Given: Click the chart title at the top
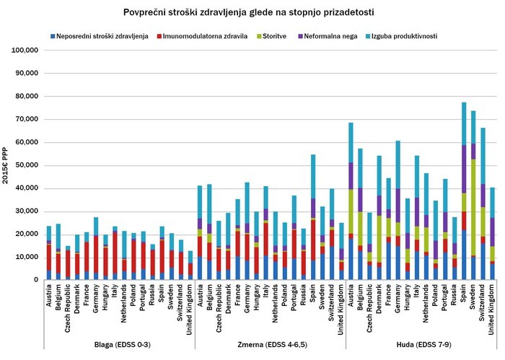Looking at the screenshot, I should [252, 12].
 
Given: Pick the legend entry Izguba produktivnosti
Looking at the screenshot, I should [407, 35].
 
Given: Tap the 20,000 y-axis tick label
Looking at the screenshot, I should [25, 234].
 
